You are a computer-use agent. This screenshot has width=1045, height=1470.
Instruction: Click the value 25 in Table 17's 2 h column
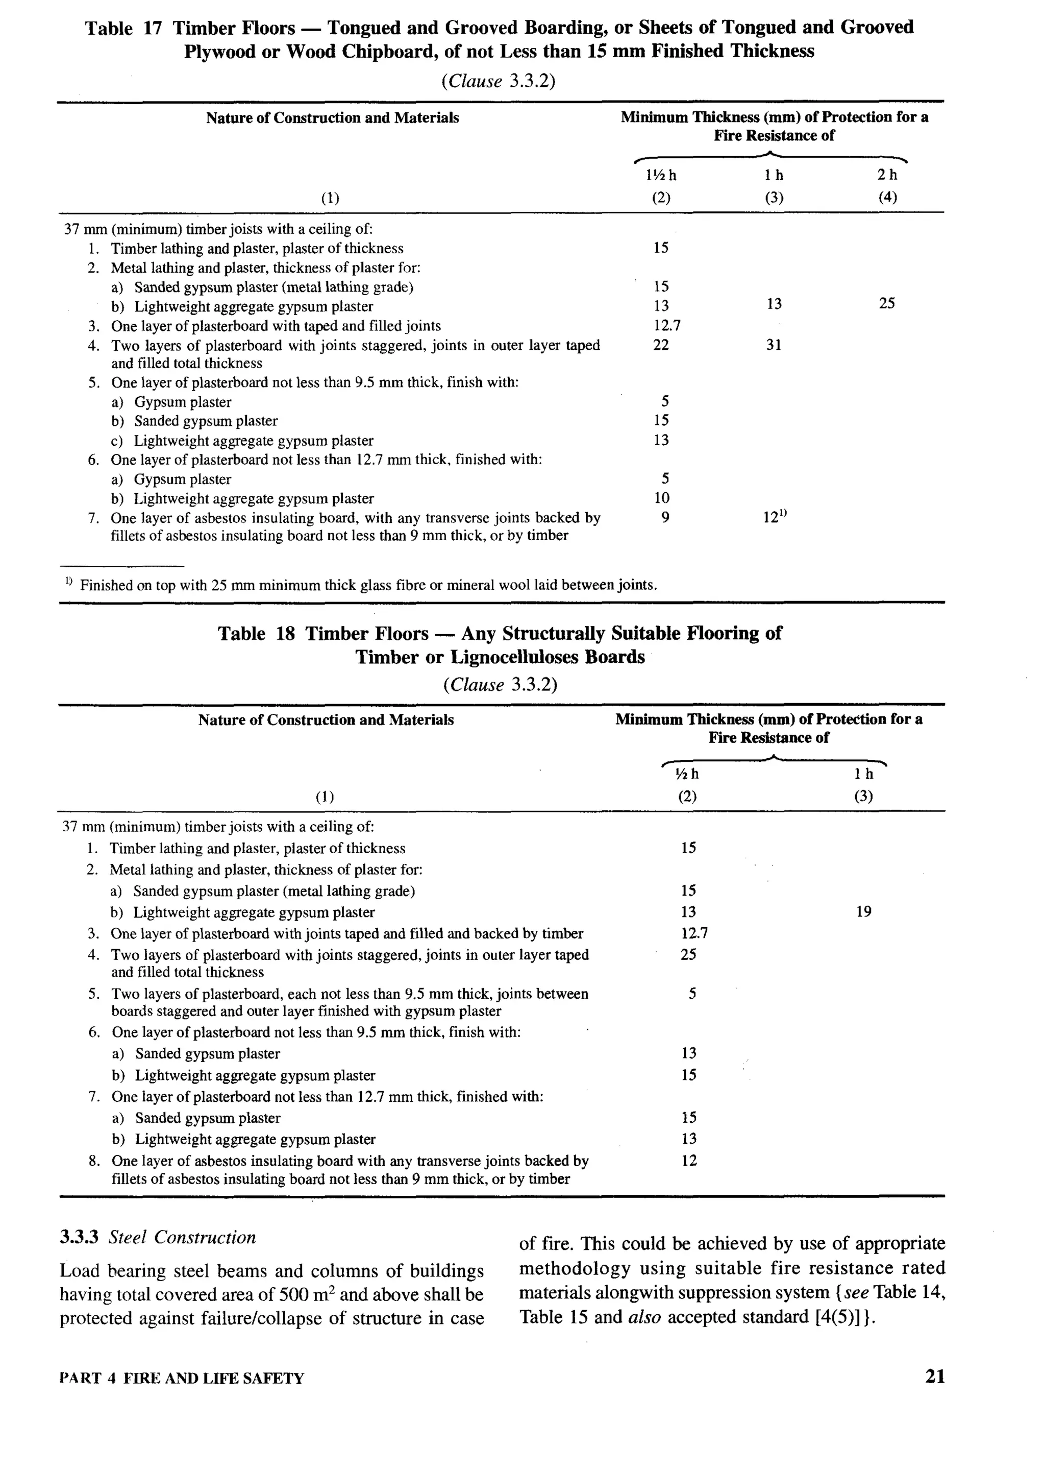(x=887, y=303)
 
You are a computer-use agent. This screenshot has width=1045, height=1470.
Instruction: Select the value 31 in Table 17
(x=774, y=345)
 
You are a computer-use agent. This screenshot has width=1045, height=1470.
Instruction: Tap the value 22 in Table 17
(x=661, y=345)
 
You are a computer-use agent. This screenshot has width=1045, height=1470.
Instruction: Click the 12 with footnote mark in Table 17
(x=775, y=517)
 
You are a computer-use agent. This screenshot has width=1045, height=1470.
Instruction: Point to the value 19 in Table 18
(x=863, y=912)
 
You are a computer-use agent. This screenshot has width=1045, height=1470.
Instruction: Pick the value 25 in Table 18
(x=688, y=954)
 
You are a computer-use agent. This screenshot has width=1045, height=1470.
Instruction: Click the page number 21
(x=935, y=1377)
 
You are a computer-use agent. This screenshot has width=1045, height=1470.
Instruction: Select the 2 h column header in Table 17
(x=887, y=175)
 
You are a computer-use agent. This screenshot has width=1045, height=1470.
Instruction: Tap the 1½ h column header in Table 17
(x=661, y=175)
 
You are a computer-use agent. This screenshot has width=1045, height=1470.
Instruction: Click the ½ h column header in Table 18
(x=688, y=775)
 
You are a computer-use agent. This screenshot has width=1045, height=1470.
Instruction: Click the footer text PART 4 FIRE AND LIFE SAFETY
(x=182, y=1379)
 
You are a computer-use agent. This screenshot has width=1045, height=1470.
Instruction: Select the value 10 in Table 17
(x=661, y=498)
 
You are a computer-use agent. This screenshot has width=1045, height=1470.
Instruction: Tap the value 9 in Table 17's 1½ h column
(x=665, y=517)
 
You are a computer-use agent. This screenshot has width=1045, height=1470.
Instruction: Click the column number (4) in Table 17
(x=887, y=197)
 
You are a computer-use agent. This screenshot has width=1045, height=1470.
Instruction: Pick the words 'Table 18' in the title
(x=256, y=634)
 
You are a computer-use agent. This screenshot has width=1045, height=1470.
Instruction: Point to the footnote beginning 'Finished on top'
(x=367, y=585)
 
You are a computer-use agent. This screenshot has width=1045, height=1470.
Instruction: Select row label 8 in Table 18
(x=94, y=1161)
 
